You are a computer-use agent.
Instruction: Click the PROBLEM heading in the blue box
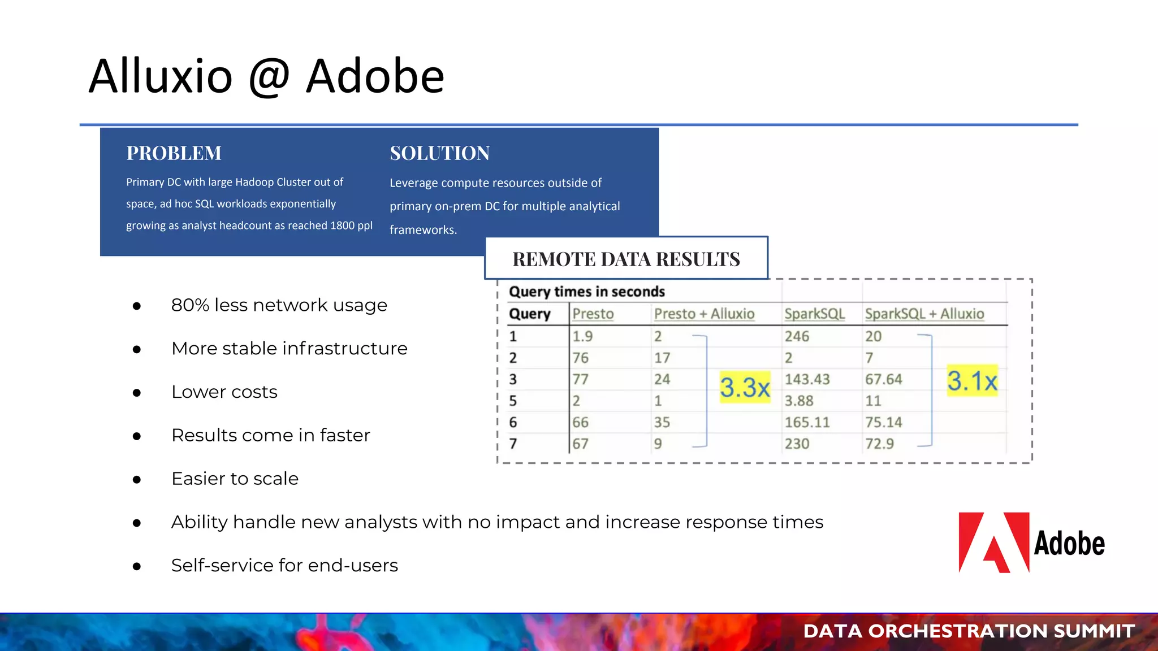pyautogui.click(x=174, y=153)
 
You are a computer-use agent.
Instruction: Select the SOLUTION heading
pyautogui.click(x=439, y=153)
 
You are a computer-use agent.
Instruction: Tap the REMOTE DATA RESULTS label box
pyautogui.click(x=626, y=259)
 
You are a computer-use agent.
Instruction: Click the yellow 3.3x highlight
pyautogui.click(x=745, y=388)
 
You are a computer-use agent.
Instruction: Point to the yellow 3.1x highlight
pyautogui.click(x=972, y=381)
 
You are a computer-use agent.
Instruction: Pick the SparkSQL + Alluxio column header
pyautogui.click(x=924, y=314)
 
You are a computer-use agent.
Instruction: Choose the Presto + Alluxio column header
pyautogui.click(x=704, y=314)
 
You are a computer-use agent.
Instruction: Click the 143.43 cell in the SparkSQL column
pyautogui.click(x=807, y=379)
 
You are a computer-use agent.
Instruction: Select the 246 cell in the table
pyautogui.click(x=797, y=336)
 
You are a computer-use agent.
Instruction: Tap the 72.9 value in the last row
pyautogui.click(x=879, y=444)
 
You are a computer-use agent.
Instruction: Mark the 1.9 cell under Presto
pyautogui.click(x=582, y=336)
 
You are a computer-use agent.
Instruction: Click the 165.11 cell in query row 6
pyautogui.click(x=807, y=422)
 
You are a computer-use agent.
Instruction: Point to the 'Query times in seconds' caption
pyautogui.click(x=586, y=292)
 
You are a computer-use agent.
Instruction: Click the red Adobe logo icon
pyautogui.click(x=993, y=542)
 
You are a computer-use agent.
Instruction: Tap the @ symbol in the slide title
pyautogui.click(x=269, y=76)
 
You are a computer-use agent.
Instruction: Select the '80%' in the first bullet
pyautogui.click(x=189, y=305)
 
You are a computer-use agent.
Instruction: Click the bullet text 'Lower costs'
pyautogui.click(x=224, y=392)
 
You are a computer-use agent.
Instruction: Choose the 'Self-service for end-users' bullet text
pyautogui.click(x=284, y=565)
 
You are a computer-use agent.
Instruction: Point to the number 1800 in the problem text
pyautogui.click(x=342, y=225)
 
